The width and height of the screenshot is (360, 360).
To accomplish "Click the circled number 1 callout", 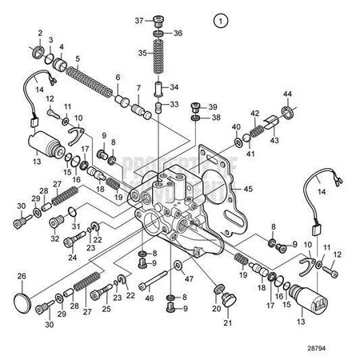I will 220,18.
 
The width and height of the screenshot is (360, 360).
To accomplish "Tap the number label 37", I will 138,20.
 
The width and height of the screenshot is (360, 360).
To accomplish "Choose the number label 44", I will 286,95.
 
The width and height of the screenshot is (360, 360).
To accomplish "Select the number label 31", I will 76,225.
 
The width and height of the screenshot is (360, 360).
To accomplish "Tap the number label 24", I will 73,257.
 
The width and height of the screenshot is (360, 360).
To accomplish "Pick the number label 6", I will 118,78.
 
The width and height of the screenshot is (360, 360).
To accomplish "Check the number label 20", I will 216,308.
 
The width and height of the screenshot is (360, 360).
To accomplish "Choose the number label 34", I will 175,86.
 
